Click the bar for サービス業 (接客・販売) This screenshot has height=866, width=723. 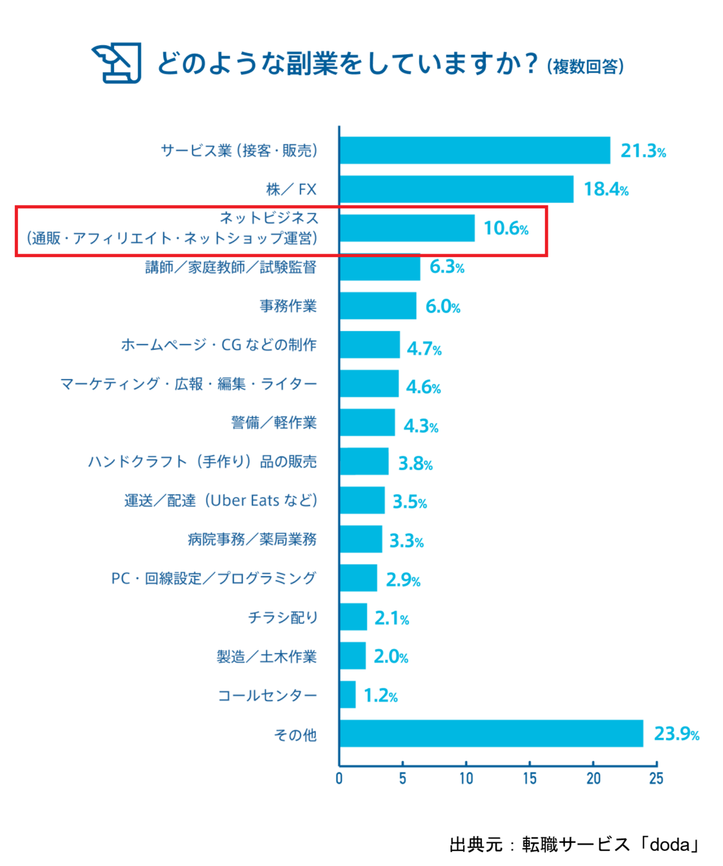(x=474, y=150)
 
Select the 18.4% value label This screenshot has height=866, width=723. (x=606, y=189)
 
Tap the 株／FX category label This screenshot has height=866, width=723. (x=291, y=189)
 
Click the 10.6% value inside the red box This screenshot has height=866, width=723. (x=506, y=228)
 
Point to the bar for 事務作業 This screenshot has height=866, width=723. (x=378, y=306)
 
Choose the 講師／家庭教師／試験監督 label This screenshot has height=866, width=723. (x=230, y=267)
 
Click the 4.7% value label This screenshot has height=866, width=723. (x=424, y=349)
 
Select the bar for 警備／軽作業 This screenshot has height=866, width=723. (x=367, y=423)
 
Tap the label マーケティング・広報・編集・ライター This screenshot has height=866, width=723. (x=189, y=384)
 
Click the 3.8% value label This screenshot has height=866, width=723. (x=415, y=464)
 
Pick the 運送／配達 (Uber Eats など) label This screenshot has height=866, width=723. (x=221, y=501)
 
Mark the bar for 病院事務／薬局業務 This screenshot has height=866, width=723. (x=361, y=539)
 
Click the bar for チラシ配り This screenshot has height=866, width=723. (x=354, y=617)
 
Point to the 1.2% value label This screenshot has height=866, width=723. (x=380, y=696)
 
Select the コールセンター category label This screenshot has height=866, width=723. (x=267, y=695)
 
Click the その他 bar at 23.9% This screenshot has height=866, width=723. (x=491, y=733)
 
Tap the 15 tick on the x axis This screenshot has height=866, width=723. (x=529, y=778)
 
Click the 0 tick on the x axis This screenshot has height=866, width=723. (x=339, y=778)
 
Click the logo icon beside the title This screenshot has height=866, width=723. (x=117, y=63)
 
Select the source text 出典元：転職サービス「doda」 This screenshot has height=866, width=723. (x=574, y=845)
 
